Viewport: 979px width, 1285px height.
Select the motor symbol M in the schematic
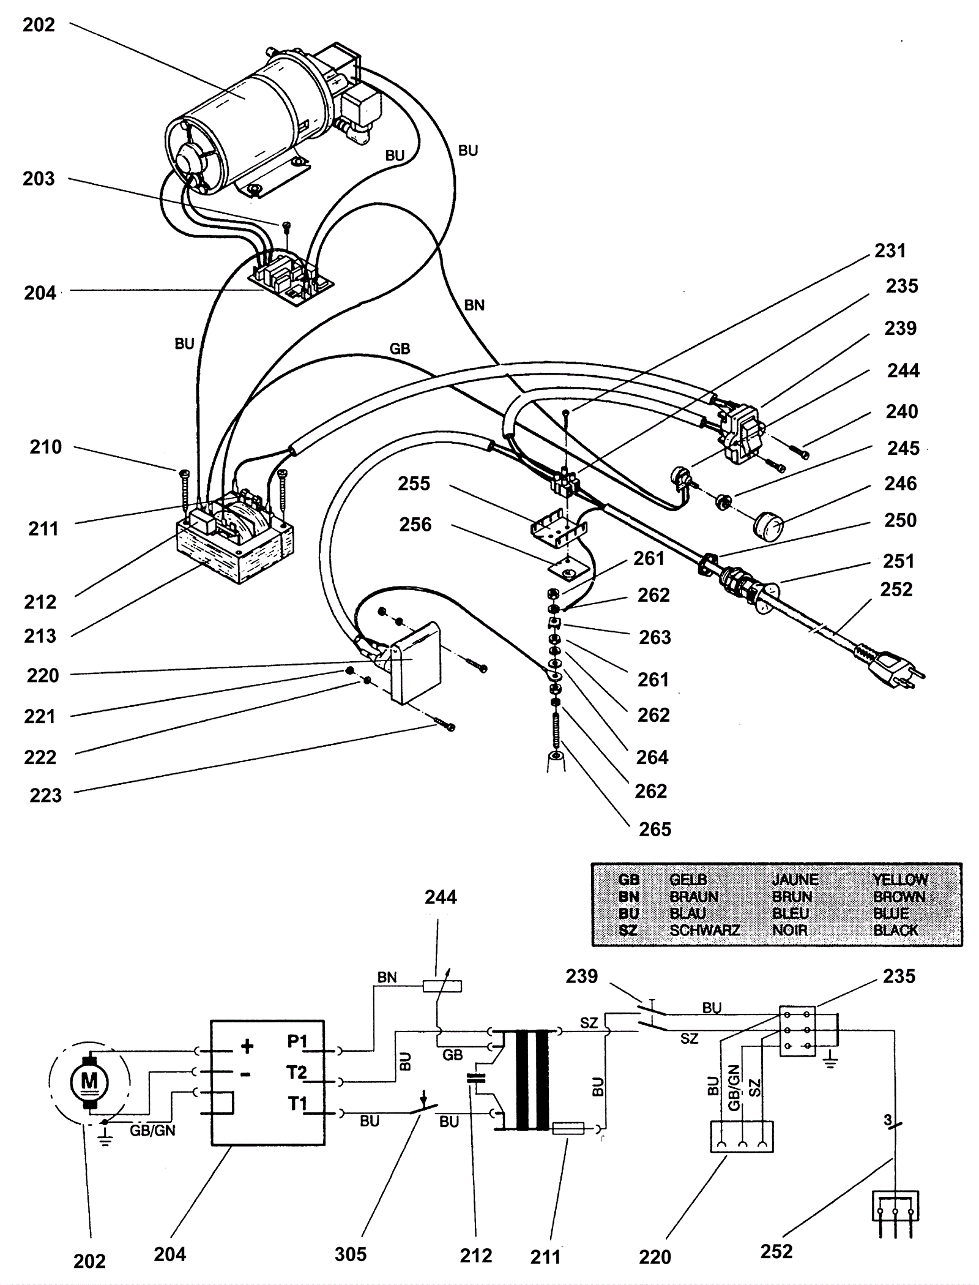[89, 1082]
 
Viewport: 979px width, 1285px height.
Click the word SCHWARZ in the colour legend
[705, 931]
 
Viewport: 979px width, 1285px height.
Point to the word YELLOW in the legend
[900, 880]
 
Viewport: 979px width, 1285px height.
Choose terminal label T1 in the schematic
[298, 1104]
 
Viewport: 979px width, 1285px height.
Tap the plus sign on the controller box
[247, 1046]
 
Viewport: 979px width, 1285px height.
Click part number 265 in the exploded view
[655, 830]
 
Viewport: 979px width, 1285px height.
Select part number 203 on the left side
[39, 179]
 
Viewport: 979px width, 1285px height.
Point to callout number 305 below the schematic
[351, 1254]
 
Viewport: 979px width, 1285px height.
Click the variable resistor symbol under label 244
[442, 986]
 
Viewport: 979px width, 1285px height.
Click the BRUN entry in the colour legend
[792, 897]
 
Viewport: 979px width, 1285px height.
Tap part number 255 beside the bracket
[414, 484]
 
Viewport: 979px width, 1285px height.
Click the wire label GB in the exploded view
[400, 349]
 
